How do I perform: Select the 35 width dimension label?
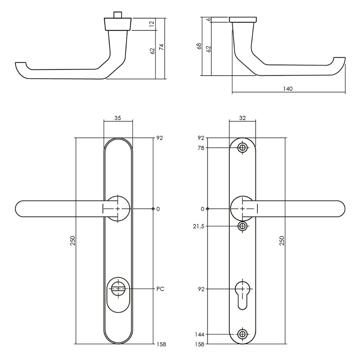118,117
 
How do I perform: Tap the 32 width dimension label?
242,117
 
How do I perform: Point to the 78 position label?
201,148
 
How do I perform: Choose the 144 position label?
199,334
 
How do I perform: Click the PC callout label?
161,289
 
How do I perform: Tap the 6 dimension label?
208,19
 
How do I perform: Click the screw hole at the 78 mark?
243,148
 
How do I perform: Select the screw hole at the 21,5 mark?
243,226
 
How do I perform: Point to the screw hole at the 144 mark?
243,334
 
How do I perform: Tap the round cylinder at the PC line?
118,288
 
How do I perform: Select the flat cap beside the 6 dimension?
243,19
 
